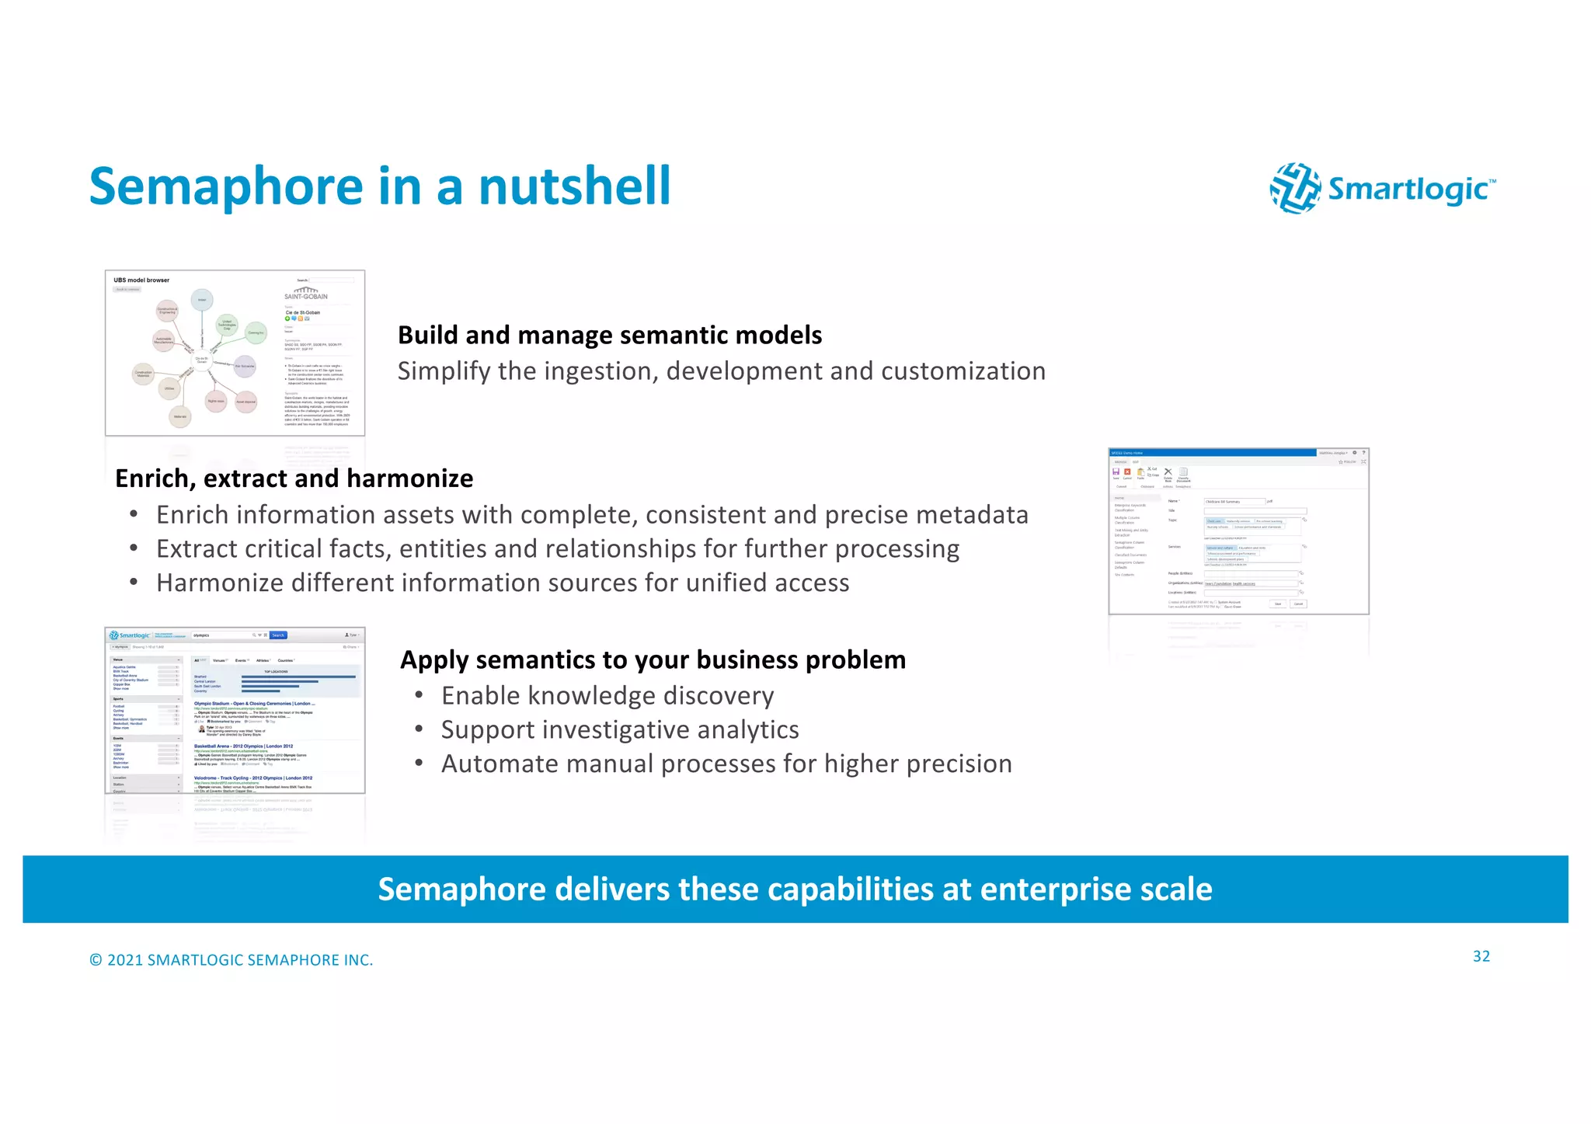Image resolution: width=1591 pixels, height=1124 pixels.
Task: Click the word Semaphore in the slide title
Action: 226,187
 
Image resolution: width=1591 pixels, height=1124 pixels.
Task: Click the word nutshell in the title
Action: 574,187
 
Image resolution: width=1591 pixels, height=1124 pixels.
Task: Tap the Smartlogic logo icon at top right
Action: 1295,188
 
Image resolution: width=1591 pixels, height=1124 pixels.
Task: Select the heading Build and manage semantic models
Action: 609,336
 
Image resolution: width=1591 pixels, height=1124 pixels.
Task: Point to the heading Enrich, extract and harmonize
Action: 294,478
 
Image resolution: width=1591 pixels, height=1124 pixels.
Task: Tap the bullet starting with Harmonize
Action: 502,583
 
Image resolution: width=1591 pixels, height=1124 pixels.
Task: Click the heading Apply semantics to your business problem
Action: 653,660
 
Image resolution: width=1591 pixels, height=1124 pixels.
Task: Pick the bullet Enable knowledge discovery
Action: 607,696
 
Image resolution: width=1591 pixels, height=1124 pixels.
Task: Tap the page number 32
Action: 1481,957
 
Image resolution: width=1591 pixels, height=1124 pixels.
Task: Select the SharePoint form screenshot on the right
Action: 1238,531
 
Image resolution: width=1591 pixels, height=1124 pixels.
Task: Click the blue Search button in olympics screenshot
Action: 278,635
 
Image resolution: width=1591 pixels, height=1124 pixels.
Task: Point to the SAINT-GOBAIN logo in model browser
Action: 306,294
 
